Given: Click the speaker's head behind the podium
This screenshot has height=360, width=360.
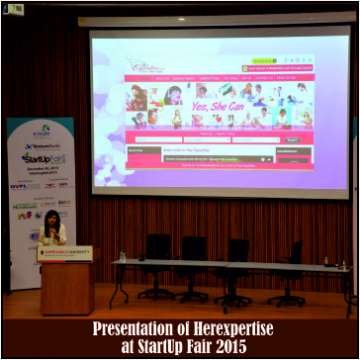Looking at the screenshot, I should [49, 220].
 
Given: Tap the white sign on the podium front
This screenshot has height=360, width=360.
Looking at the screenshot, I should [65, 253].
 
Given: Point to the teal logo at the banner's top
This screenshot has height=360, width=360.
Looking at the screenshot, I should [41, 130].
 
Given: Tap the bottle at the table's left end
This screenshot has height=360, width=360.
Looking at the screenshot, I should [122, 256].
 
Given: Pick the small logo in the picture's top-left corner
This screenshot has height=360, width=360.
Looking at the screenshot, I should [13, 9].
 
